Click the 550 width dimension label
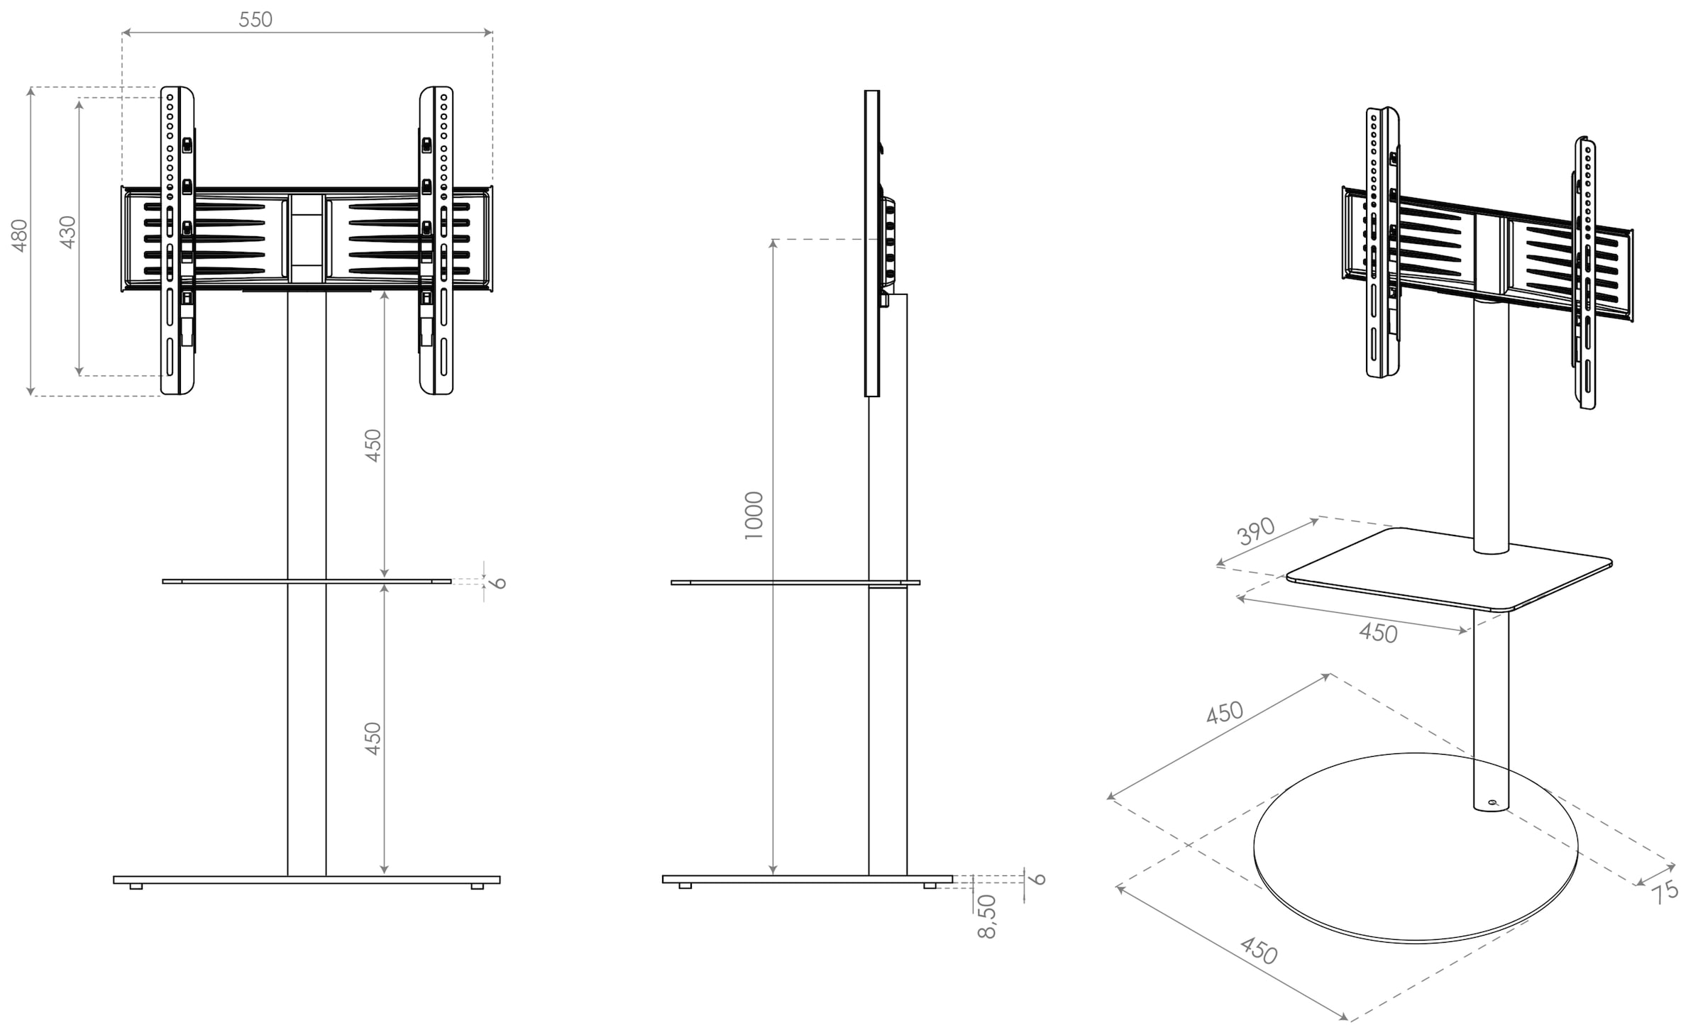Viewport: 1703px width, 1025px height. pos(255,19)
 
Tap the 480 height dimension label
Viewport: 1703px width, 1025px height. pos(19,236)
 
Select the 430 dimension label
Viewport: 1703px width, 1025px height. pos(67,232)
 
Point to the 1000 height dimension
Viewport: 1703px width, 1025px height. pos(754,516)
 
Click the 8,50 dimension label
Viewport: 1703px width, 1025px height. pos(987,916)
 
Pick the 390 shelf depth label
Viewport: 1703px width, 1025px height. pos(1256,531)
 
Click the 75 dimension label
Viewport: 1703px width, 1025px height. pos(1665,891)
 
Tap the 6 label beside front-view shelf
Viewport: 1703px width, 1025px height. pos(500,583)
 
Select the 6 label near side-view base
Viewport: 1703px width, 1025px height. pos(1038,879)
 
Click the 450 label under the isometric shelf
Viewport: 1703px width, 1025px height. pos(1378,632)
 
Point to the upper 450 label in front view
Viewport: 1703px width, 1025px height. pos(373,445)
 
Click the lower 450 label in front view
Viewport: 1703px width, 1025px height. pos(373,738)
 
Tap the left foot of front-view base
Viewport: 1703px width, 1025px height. pos(136,886)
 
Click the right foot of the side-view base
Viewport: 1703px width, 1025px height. pos(929,885)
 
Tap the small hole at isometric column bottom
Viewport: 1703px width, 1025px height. pos(1492,803)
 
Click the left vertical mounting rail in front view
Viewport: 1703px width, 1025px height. pos(177,241)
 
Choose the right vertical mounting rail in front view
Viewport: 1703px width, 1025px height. pos(436,241)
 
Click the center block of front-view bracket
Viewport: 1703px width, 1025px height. pos(307,239)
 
